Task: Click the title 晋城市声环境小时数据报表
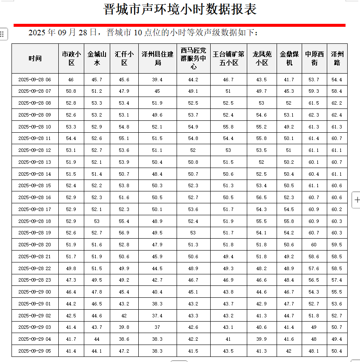tap(180, 9)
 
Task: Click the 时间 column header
tap(35, 58)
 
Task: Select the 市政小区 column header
tap(71, 58)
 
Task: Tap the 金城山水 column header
tap(97, 58)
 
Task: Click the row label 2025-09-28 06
tap(35, 80)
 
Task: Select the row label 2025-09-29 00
tap(35, 292)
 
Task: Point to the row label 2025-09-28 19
tap(35, 233)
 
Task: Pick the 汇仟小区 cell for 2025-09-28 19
tap(124, 233)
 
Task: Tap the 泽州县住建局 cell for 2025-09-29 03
tap(157, 327)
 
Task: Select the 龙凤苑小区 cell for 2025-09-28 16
tap(262, 197)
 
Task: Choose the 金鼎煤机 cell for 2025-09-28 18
tap(289, 221)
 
